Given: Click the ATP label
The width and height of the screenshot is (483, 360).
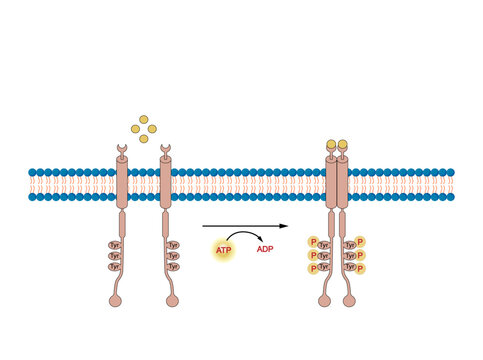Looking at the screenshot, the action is tap(223, 249).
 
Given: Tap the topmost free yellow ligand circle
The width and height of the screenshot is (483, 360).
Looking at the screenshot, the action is tap(144, 119).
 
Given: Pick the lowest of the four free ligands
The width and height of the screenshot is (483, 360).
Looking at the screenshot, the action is tap(144, 138).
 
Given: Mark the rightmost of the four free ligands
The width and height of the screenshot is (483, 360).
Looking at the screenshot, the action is tap(153, 128).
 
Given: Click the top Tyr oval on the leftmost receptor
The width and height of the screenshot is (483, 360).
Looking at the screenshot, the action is tap(115, 244).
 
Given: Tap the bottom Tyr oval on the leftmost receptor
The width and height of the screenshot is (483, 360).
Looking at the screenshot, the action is tap(115, 267).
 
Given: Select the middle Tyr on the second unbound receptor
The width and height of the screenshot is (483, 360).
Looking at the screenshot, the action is tap(173, 256).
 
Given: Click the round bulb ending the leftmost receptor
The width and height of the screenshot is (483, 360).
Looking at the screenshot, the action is tap(123, 300).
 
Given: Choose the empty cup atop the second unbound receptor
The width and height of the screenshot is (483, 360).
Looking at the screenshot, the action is tap(165, 151).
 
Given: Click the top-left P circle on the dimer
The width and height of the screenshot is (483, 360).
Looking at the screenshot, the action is tap(313, 242).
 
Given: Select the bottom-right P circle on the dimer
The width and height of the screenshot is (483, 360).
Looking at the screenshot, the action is tap(361, 268).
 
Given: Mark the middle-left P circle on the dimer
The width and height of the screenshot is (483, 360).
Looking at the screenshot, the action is tap(313, 255).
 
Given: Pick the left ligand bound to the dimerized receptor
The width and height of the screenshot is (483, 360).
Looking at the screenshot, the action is tap(331, 144).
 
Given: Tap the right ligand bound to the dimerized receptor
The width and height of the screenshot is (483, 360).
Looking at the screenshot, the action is tap(344, 144).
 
